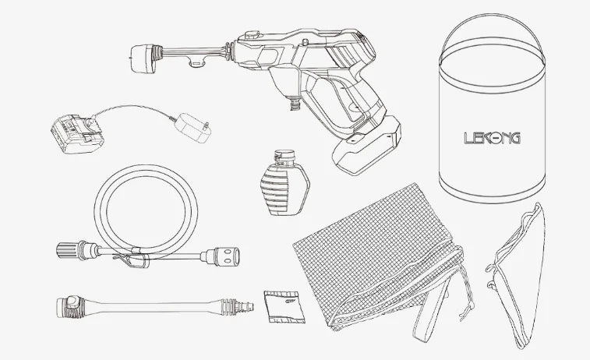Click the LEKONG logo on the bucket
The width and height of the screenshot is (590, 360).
[x=492, y=138]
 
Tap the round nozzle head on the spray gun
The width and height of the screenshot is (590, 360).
[x=143, y=58]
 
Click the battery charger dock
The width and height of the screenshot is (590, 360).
[x=76, y=134]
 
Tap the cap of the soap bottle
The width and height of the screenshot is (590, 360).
[x=284, y=155]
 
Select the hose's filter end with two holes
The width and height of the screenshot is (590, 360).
[x=224, y=256]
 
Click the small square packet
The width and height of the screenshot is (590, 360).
[x=284, y=307]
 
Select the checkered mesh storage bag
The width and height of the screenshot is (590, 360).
[x=376, y=256]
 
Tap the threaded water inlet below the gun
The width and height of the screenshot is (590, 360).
[x=295, y=102]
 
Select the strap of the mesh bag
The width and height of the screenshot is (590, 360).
[x=433, y=312]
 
